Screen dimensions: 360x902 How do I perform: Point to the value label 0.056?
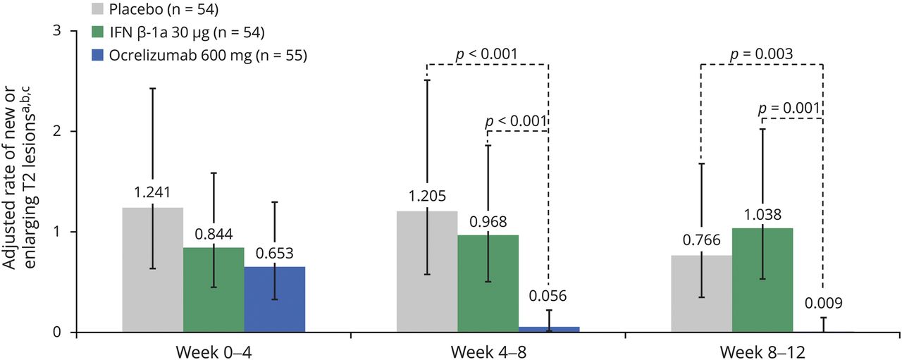[x=548, y=296]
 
